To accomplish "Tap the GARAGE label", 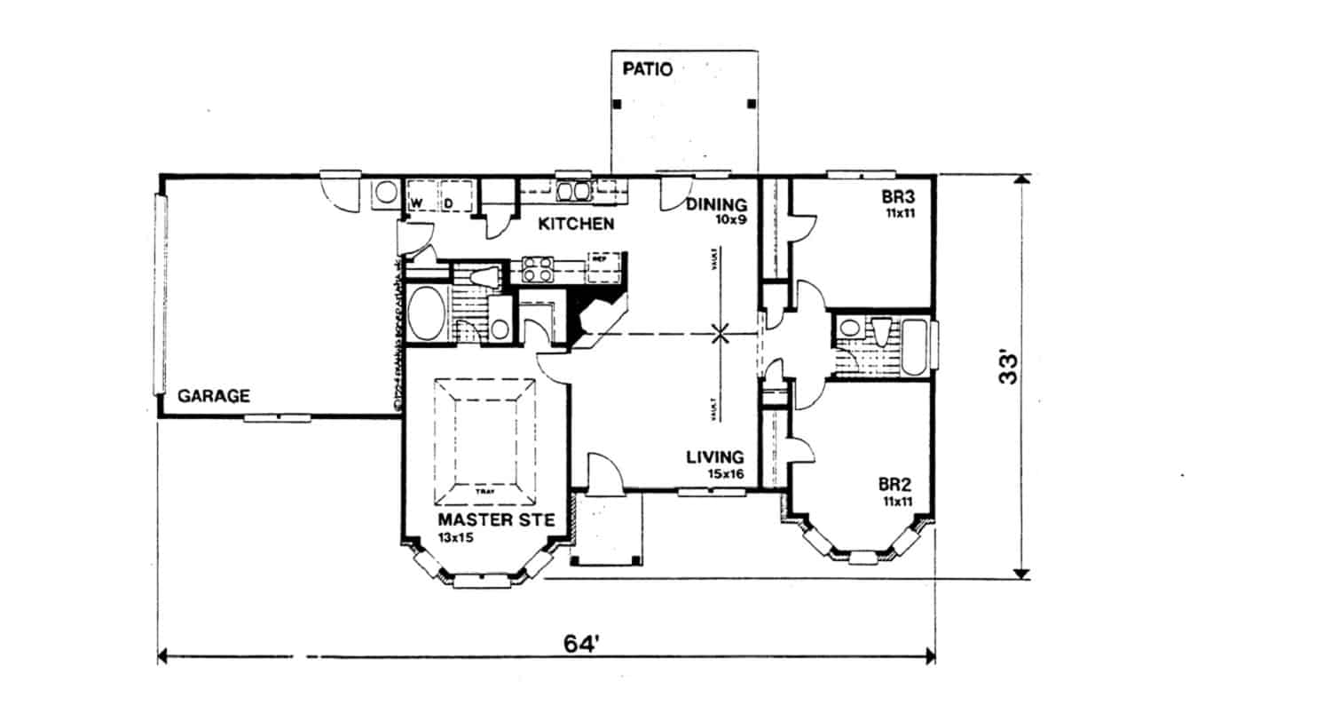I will point(213,396).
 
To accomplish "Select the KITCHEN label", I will point(576,224).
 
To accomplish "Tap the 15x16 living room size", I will point(725,474).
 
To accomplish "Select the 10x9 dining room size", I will point(729,219).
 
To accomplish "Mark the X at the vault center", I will point(721,334).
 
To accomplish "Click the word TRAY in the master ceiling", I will point(484,489).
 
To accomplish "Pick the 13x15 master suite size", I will point(455,538).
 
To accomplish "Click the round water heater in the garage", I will point(385,192).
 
